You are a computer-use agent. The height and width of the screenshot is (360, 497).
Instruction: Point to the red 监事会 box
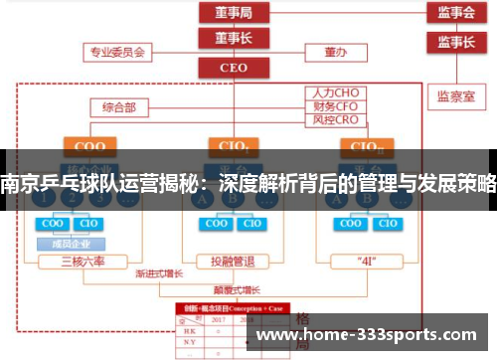pos(455,13)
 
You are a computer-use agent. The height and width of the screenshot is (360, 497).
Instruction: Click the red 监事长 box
pos(455,42)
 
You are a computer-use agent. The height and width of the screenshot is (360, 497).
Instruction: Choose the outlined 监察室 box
pos(455,96)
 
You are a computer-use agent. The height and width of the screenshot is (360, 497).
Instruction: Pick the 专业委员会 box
pos(118,51)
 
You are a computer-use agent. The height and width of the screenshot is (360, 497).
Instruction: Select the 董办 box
pos(334,51)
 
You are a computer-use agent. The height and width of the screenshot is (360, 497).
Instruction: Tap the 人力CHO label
pos(336,92)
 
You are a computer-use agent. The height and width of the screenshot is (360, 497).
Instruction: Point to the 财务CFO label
pos(336,105)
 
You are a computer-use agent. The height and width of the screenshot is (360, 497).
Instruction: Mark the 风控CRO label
pos(336,118)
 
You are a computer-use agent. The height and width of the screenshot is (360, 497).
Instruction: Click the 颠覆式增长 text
pos(237,290)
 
